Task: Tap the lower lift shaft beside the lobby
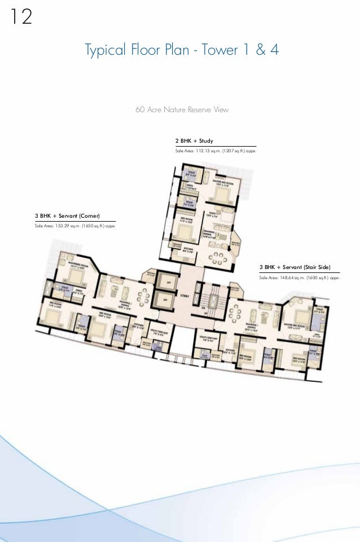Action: [x=165, y=299]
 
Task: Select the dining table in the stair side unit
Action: [x=235, y=310]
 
